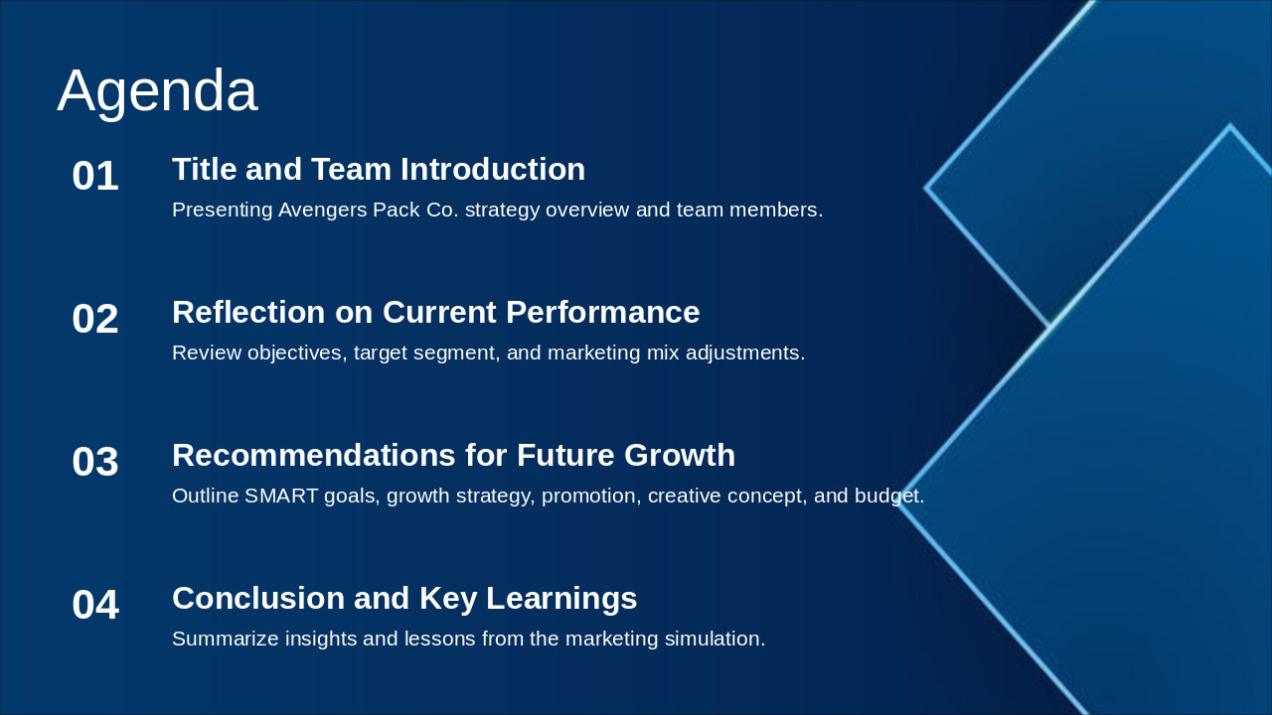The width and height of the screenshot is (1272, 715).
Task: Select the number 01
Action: click(x=95, y=176)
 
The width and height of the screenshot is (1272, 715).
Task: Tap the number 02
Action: click(x=95, y=319)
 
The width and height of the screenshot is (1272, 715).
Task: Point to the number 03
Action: click(x=95, y=462)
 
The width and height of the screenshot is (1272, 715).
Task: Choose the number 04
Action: click(x=95, y=605)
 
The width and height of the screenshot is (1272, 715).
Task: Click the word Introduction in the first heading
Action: click(x=493, y=169)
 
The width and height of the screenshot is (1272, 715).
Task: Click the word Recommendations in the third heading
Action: click(x=314, y=455)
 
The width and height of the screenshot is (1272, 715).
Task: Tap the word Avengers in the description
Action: click(x=322, y=211)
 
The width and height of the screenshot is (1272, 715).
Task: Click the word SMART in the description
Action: click(x=281, y=496)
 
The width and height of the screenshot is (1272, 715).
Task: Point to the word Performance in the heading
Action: click(x=602, y=312)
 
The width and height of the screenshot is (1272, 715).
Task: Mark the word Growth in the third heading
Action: click(x=680, y=455)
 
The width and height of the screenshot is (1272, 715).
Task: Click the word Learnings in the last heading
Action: click(x=561, y=599)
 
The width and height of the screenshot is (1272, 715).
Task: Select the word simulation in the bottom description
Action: click(x=715, y=639)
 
